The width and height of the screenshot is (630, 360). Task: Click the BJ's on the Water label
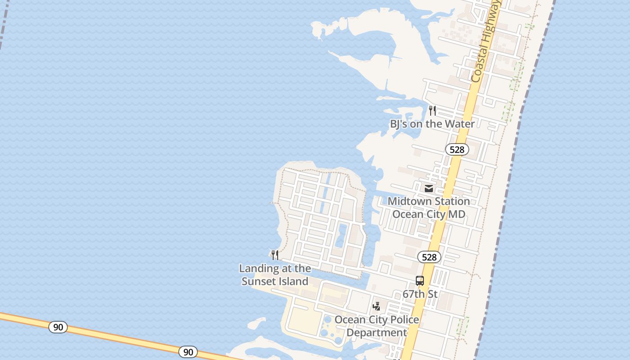[x=432, y=124]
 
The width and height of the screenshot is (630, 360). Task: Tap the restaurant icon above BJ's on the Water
[x=432, y=110]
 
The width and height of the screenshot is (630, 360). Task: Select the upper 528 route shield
[x=457, y=149]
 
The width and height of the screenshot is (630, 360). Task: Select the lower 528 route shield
[x=429, y=257]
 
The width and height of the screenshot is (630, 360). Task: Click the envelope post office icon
[x=429, y=189]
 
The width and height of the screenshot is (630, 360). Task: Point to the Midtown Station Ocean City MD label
[x=429, y=207]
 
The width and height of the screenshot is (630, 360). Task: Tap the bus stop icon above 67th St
[x=420, y=281]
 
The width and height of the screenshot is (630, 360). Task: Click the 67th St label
[x=420, y=294]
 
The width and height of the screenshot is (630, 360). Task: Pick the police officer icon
[x=377, y=306]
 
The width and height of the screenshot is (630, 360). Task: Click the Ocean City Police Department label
[x=377, y=326]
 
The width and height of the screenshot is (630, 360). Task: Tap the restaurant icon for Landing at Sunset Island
[x=274, y=255]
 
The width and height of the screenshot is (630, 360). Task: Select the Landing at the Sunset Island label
[x=275, y=274]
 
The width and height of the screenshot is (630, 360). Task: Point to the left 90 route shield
[x=58, y=327]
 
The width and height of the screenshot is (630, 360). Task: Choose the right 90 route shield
[x=188, y=352]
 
